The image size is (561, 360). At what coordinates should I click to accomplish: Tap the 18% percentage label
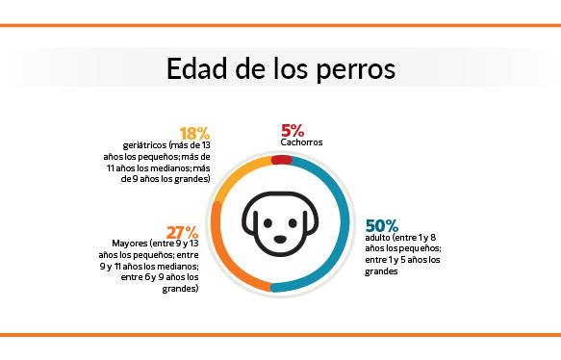point(195,133)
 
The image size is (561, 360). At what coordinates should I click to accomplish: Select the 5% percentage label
point(293,129)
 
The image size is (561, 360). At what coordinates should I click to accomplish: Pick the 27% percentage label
point(182,232)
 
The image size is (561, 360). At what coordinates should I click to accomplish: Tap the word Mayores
point(132,244)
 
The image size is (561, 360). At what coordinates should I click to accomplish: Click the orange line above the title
point(280,26)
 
